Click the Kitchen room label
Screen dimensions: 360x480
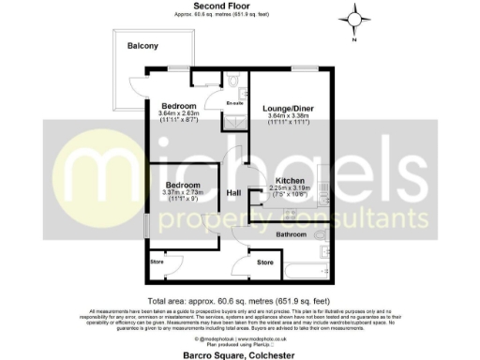click(x=290, y=180)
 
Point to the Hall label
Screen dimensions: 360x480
click(x=235, y=193)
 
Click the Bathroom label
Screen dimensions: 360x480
click(x=292, y=233)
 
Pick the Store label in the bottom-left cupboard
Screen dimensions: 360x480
click(x=157, y=262)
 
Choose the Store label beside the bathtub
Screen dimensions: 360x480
click(x=265, y=263)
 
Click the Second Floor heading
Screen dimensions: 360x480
click(x=214, y=6)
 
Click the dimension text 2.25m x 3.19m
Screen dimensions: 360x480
click(x=290, y=187)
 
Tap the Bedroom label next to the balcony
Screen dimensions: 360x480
click(x=178, y=106)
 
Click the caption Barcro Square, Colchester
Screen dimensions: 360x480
click(x=240, y=354)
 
